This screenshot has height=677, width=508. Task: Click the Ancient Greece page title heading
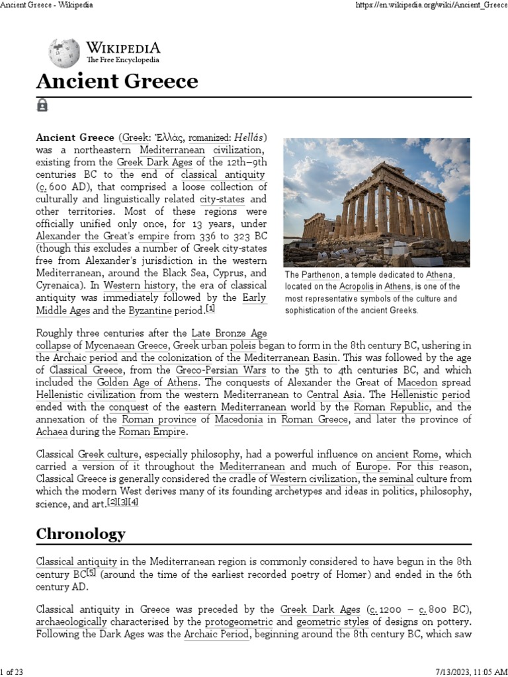click(116, 81)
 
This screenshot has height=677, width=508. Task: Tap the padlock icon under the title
click(42, 104)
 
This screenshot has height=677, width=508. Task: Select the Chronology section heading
click(81, 534)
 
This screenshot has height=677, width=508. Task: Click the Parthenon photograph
click(376, 202)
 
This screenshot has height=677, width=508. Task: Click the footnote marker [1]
click(210, 309)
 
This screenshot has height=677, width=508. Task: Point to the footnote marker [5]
click(91, 573)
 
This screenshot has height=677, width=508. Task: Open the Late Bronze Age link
click(229, 333)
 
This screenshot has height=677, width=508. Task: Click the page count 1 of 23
click(13, 672)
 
